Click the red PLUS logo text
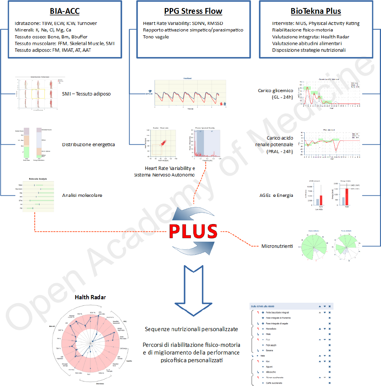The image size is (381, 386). click(x=194, y=232)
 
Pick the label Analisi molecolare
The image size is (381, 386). click(x=82, y=195)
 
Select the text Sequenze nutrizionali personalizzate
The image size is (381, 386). click(x=192, y=329)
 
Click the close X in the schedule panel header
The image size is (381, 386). click(x=330, y=306)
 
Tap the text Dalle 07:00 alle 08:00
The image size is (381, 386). click(x=263, y=306)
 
